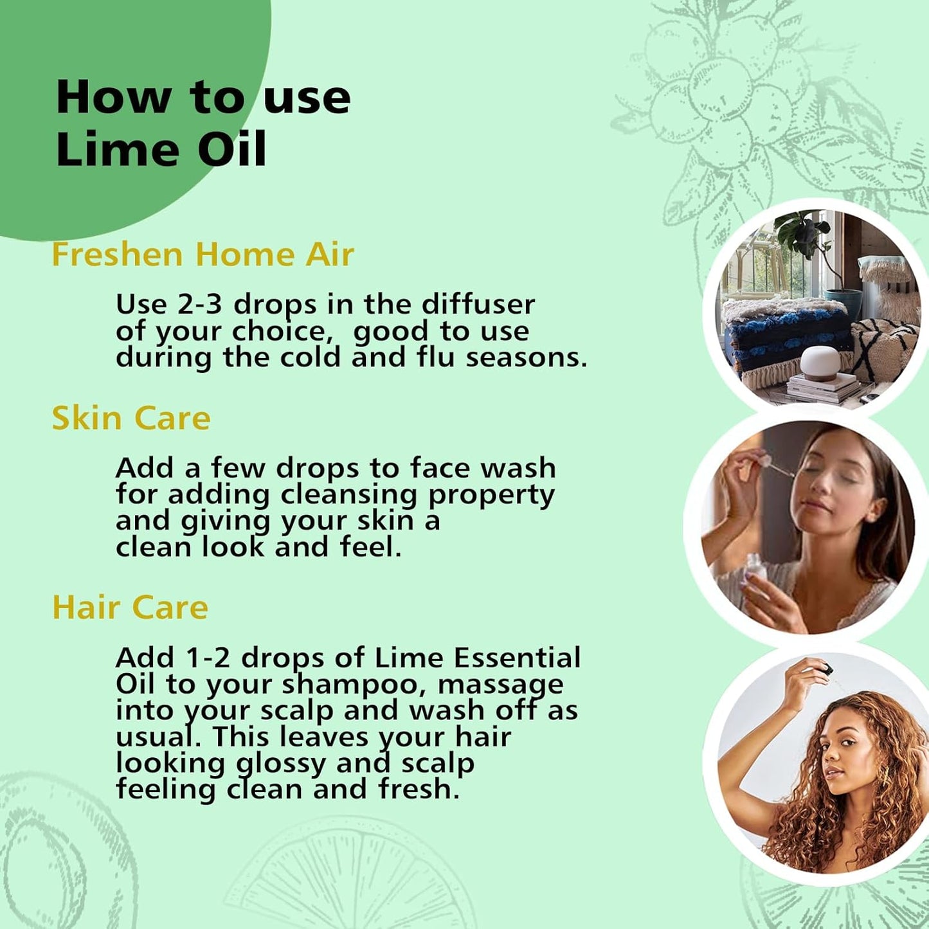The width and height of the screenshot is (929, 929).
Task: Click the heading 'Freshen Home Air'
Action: (203, 254)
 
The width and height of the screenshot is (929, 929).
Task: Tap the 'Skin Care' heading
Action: (131, 418)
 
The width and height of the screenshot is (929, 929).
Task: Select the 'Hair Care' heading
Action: (130, 607)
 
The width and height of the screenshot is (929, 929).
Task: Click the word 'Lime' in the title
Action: (118, 149)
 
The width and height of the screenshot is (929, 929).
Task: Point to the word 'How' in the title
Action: (114, 98)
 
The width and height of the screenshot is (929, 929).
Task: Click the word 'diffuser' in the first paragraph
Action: (478, 304)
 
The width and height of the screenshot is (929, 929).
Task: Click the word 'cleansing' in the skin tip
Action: (350, 494)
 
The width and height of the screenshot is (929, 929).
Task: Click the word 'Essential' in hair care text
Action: (517, 658)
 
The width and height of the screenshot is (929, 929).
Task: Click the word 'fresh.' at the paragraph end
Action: (419, 789)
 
